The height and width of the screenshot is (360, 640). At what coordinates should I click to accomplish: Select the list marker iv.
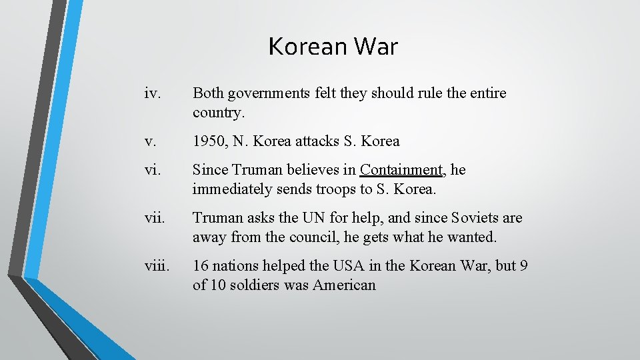[153, 93]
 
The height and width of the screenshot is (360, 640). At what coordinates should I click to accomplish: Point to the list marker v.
[150, 141]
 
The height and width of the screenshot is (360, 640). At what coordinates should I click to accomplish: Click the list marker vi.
[153, 170]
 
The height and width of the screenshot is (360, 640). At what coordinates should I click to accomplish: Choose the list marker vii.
[155, 218]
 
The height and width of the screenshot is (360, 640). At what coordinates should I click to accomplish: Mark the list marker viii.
[157, 266]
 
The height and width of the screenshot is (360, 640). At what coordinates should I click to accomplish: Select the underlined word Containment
[401, 170]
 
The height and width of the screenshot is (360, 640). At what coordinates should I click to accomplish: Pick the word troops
[336, 189]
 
